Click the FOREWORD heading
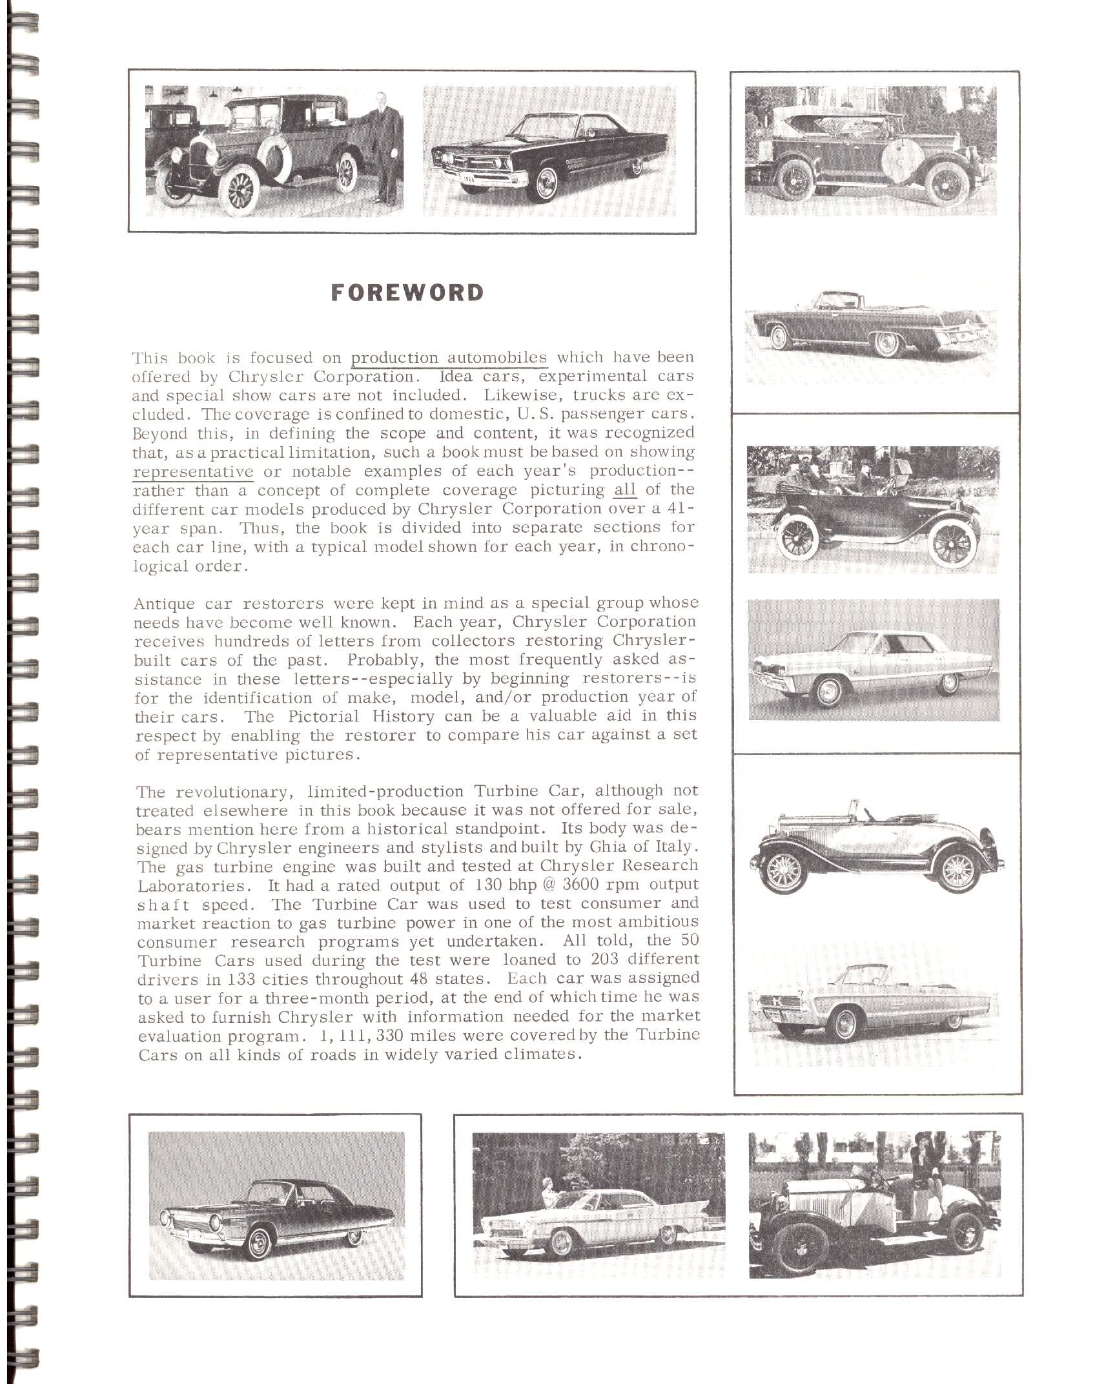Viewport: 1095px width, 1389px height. (407, 293)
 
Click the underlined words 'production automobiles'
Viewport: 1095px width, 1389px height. (449, 357)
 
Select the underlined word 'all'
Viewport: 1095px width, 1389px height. (624, 489)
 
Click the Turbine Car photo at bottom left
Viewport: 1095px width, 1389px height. (276, 1205)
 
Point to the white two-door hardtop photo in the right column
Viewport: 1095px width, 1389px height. (874, 660)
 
